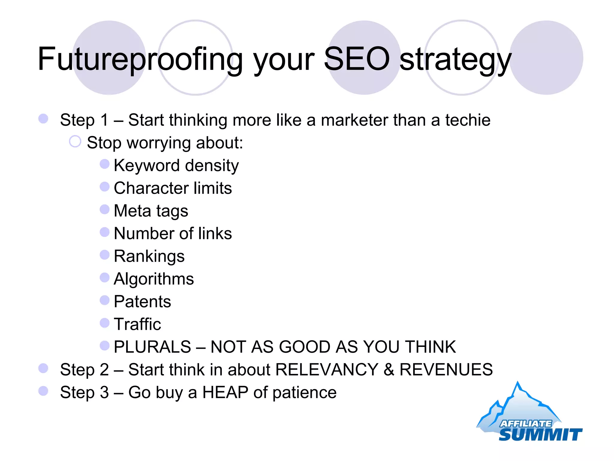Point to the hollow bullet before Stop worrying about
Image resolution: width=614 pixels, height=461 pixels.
tap(75, 141)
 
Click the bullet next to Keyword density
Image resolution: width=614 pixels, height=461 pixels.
tap(104, 164)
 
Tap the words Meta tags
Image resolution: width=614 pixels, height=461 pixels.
tap(151, 211)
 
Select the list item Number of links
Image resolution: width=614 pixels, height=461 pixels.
tap(173, 234)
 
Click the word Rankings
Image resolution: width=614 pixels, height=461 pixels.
tap(149, 256)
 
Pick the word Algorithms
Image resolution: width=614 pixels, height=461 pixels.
tap(154, 279)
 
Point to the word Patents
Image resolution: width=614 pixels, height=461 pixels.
tap(142, 301)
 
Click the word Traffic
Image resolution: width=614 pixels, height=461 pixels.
tap(137, 324)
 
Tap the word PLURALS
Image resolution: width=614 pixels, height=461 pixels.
tap(152, 347)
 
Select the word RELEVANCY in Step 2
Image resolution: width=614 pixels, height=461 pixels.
tap(327, 369)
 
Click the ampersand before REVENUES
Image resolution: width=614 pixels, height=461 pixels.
tap(389, 369)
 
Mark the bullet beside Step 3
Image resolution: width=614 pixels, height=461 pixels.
tap(43, 391)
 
